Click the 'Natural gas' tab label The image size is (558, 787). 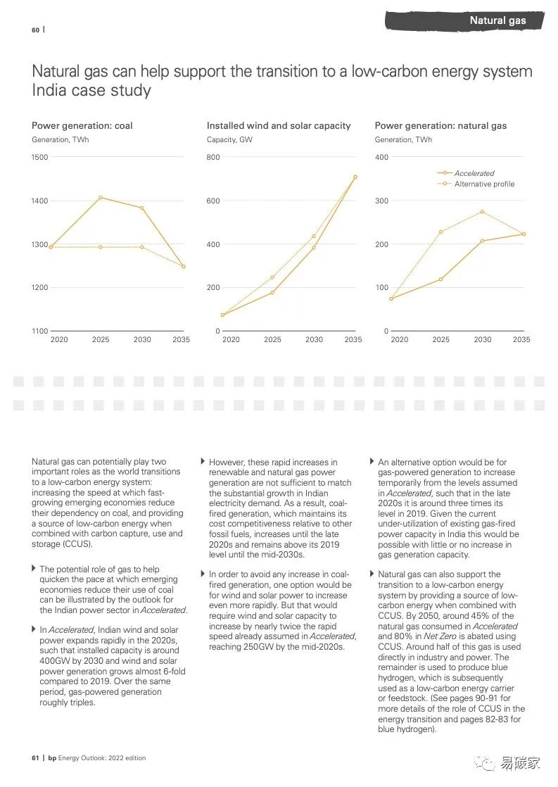click(x=497, y=20)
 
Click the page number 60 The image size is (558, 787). click(x=35, y=30)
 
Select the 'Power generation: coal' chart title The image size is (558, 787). click(x=82, y=125)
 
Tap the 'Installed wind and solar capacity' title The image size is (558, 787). click(x=279, y=125)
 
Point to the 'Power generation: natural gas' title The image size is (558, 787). click(x=440, y=125)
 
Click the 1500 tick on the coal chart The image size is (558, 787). click(x=40, y=157)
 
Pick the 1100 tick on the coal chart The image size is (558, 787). click(x=40, y=331)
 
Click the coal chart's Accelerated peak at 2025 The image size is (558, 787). click(x=101, y=197)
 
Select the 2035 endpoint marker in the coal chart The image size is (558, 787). click(x=184, y=266)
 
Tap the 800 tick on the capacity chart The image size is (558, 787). click(x=213, y=157)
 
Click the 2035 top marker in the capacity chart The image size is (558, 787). click(x=355, y=177)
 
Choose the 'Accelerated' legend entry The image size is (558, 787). click(x=474, y=173)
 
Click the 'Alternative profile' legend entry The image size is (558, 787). click(x=484, y=184)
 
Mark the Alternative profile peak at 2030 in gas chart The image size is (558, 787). click(x=482, y=211)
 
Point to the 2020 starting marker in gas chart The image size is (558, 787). click(x=391, y=298)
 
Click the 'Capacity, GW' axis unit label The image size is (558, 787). click(x=229, y=139)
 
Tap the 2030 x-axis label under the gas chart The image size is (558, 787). click(x=482, y=339)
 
